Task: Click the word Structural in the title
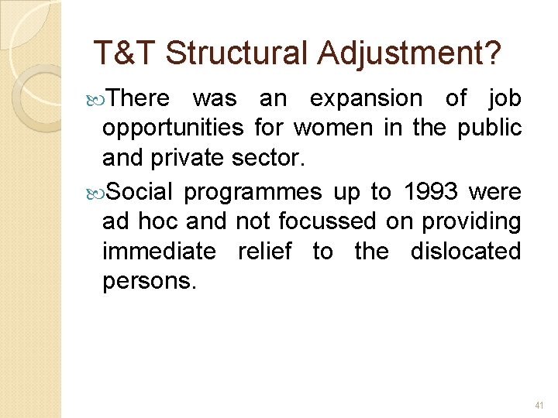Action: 236,53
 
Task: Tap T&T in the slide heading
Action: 125,53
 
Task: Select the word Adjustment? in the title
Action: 408,53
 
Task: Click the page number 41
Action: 540,405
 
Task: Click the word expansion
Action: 366,99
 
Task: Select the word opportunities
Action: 173,128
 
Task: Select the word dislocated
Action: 465,251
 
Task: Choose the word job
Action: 505,99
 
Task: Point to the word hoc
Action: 158,221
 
